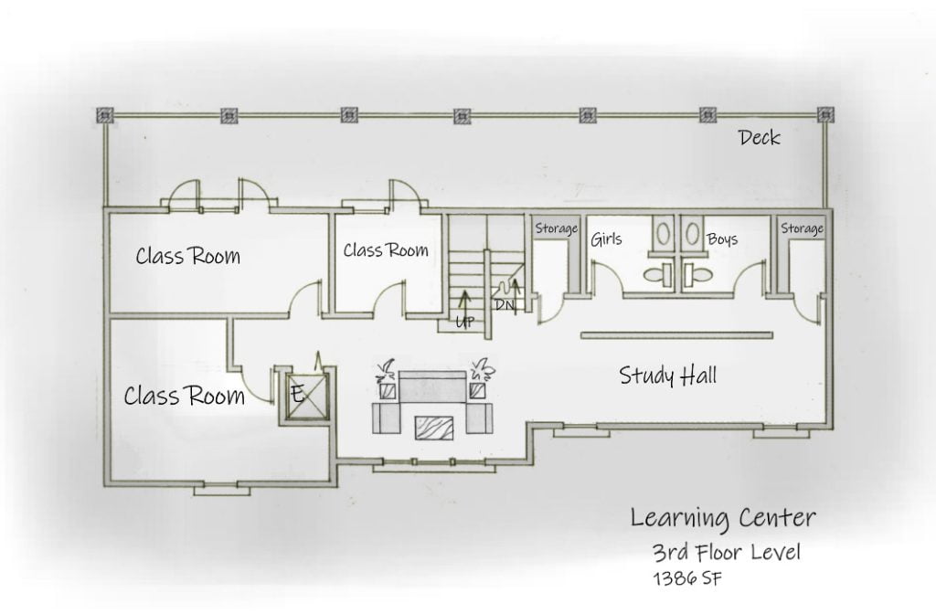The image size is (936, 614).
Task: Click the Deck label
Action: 760,138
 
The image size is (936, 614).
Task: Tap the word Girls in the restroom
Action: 606,239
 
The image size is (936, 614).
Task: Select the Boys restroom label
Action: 721,239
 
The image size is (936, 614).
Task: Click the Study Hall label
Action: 667,376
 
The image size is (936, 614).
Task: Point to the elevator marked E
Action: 305,395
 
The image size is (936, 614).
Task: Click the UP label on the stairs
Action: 464,323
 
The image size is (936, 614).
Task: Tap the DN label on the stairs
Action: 503,305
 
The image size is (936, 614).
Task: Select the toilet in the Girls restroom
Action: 655,273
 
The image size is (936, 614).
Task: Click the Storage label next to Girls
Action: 556,228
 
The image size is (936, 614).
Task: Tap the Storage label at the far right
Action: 802,228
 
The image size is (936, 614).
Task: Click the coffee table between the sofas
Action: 432,428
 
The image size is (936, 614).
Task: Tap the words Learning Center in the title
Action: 722,518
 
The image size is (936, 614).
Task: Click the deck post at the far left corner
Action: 105,115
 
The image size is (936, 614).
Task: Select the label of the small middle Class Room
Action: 386,249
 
